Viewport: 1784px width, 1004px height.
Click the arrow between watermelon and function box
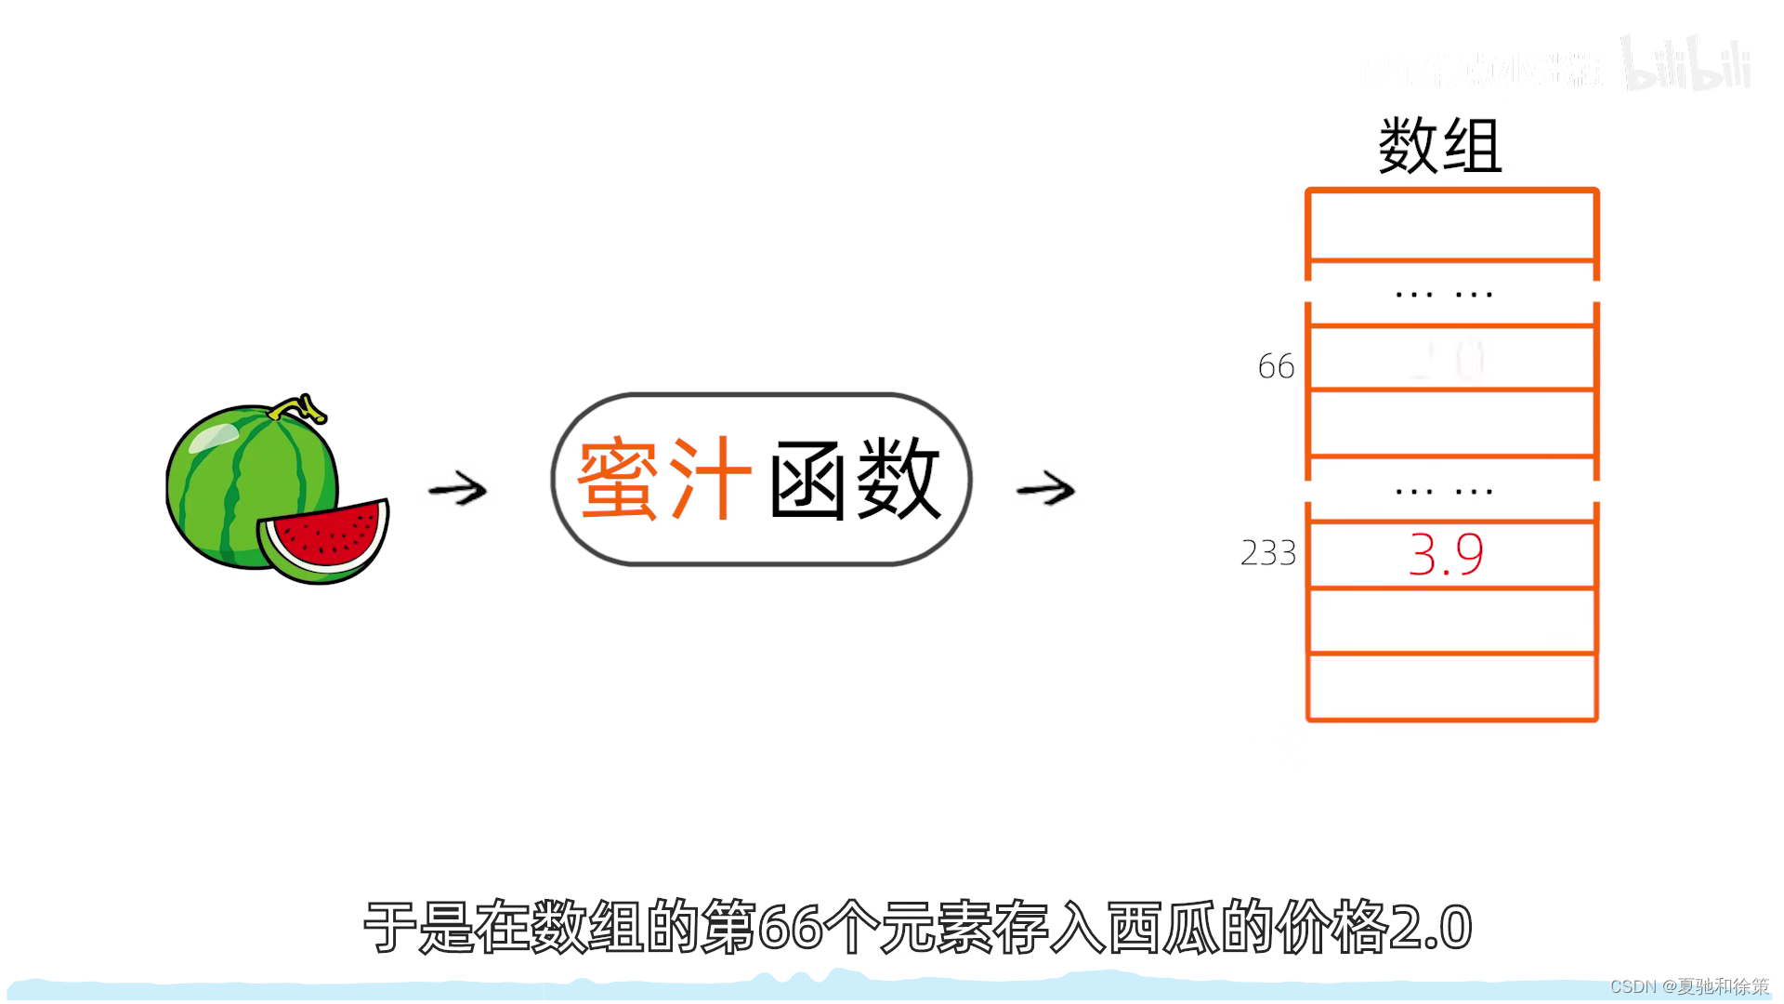tap(457, 489)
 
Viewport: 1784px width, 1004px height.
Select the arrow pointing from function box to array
tap(1045, 489)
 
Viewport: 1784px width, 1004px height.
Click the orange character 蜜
tap(619, 480)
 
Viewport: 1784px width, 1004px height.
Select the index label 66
tap(1276, 366)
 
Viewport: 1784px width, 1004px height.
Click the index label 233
tap(1267, 553)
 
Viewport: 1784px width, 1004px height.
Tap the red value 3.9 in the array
tap(1446, 554)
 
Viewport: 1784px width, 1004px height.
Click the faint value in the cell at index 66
tap(1449, 359)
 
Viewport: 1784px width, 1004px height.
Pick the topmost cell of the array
tap(1451, 226)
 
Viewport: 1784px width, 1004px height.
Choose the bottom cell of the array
tap(1451, 687)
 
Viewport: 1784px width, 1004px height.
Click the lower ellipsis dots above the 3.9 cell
tap(1444, 491)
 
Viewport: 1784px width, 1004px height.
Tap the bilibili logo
tap(1686, 65)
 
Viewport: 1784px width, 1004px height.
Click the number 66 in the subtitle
tap(791, 928)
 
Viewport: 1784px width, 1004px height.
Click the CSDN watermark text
tap(1688, 986)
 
